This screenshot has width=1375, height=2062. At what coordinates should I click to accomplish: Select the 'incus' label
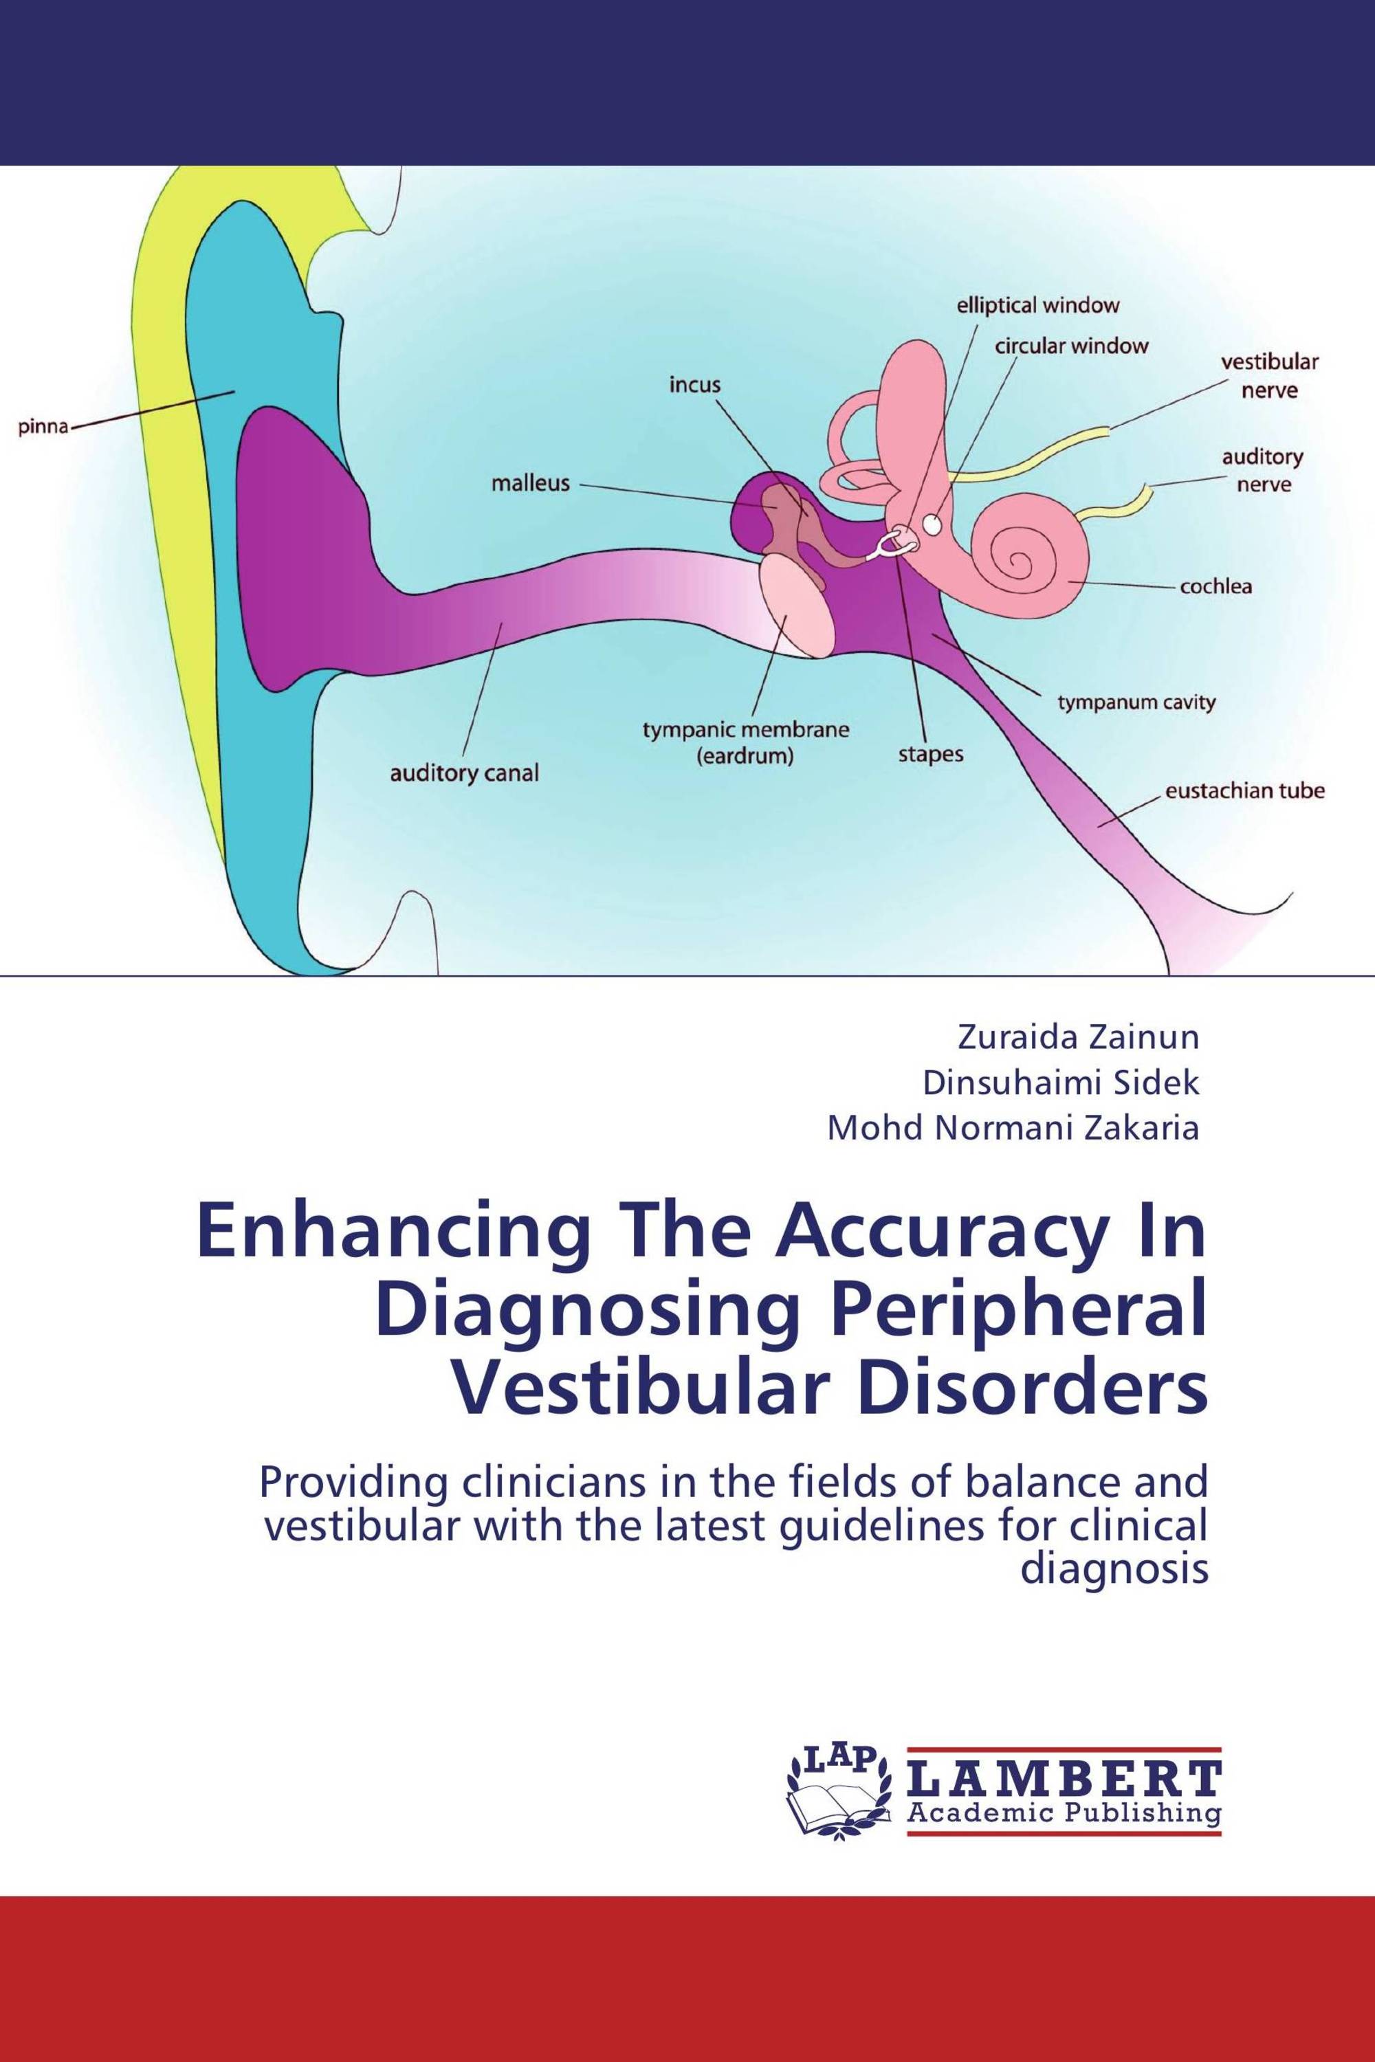coord(694,384)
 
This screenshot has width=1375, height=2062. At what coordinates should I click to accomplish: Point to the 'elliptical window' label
coord(1037,306)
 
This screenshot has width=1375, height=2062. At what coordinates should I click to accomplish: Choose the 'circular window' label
coord(1070,346)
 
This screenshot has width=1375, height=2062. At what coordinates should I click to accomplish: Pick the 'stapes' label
coord(930,754)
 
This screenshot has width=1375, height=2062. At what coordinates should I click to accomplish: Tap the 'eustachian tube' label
coord(1244,791)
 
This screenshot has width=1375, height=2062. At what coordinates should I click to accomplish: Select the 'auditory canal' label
coord(464,773)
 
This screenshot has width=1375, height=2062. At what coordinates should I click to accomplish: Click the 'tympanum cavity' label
coord(1136,701)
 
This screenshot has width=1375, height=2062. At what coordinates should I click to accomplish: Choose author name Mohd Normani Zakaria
coord(1013,1129)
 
